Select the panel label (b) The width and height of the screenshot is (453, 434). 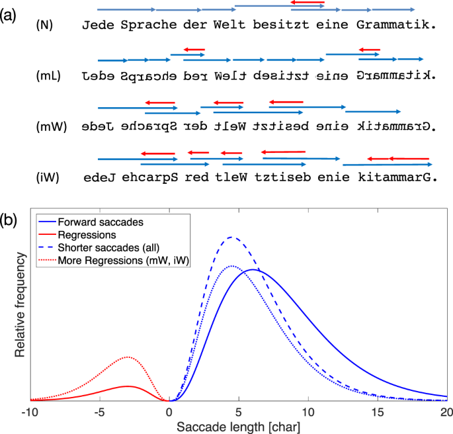tap(9, 218)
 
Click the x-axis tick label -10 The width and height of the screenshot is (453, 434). tap(30, 413)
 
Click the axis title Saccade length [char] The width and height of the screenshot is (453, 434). tap(239, 427)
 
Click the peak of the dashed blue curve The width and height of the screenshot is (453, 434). tap(231, 237)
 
